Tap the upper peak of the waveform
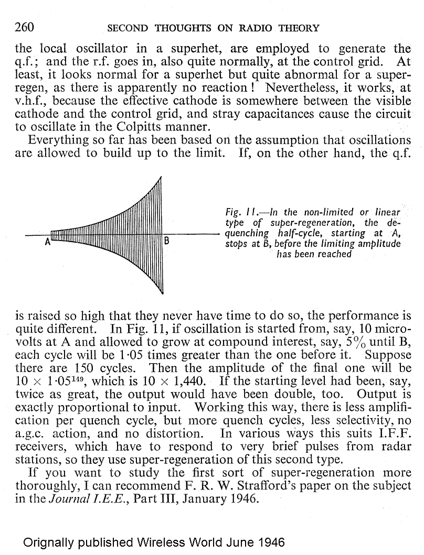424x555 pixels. [160, 178]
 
